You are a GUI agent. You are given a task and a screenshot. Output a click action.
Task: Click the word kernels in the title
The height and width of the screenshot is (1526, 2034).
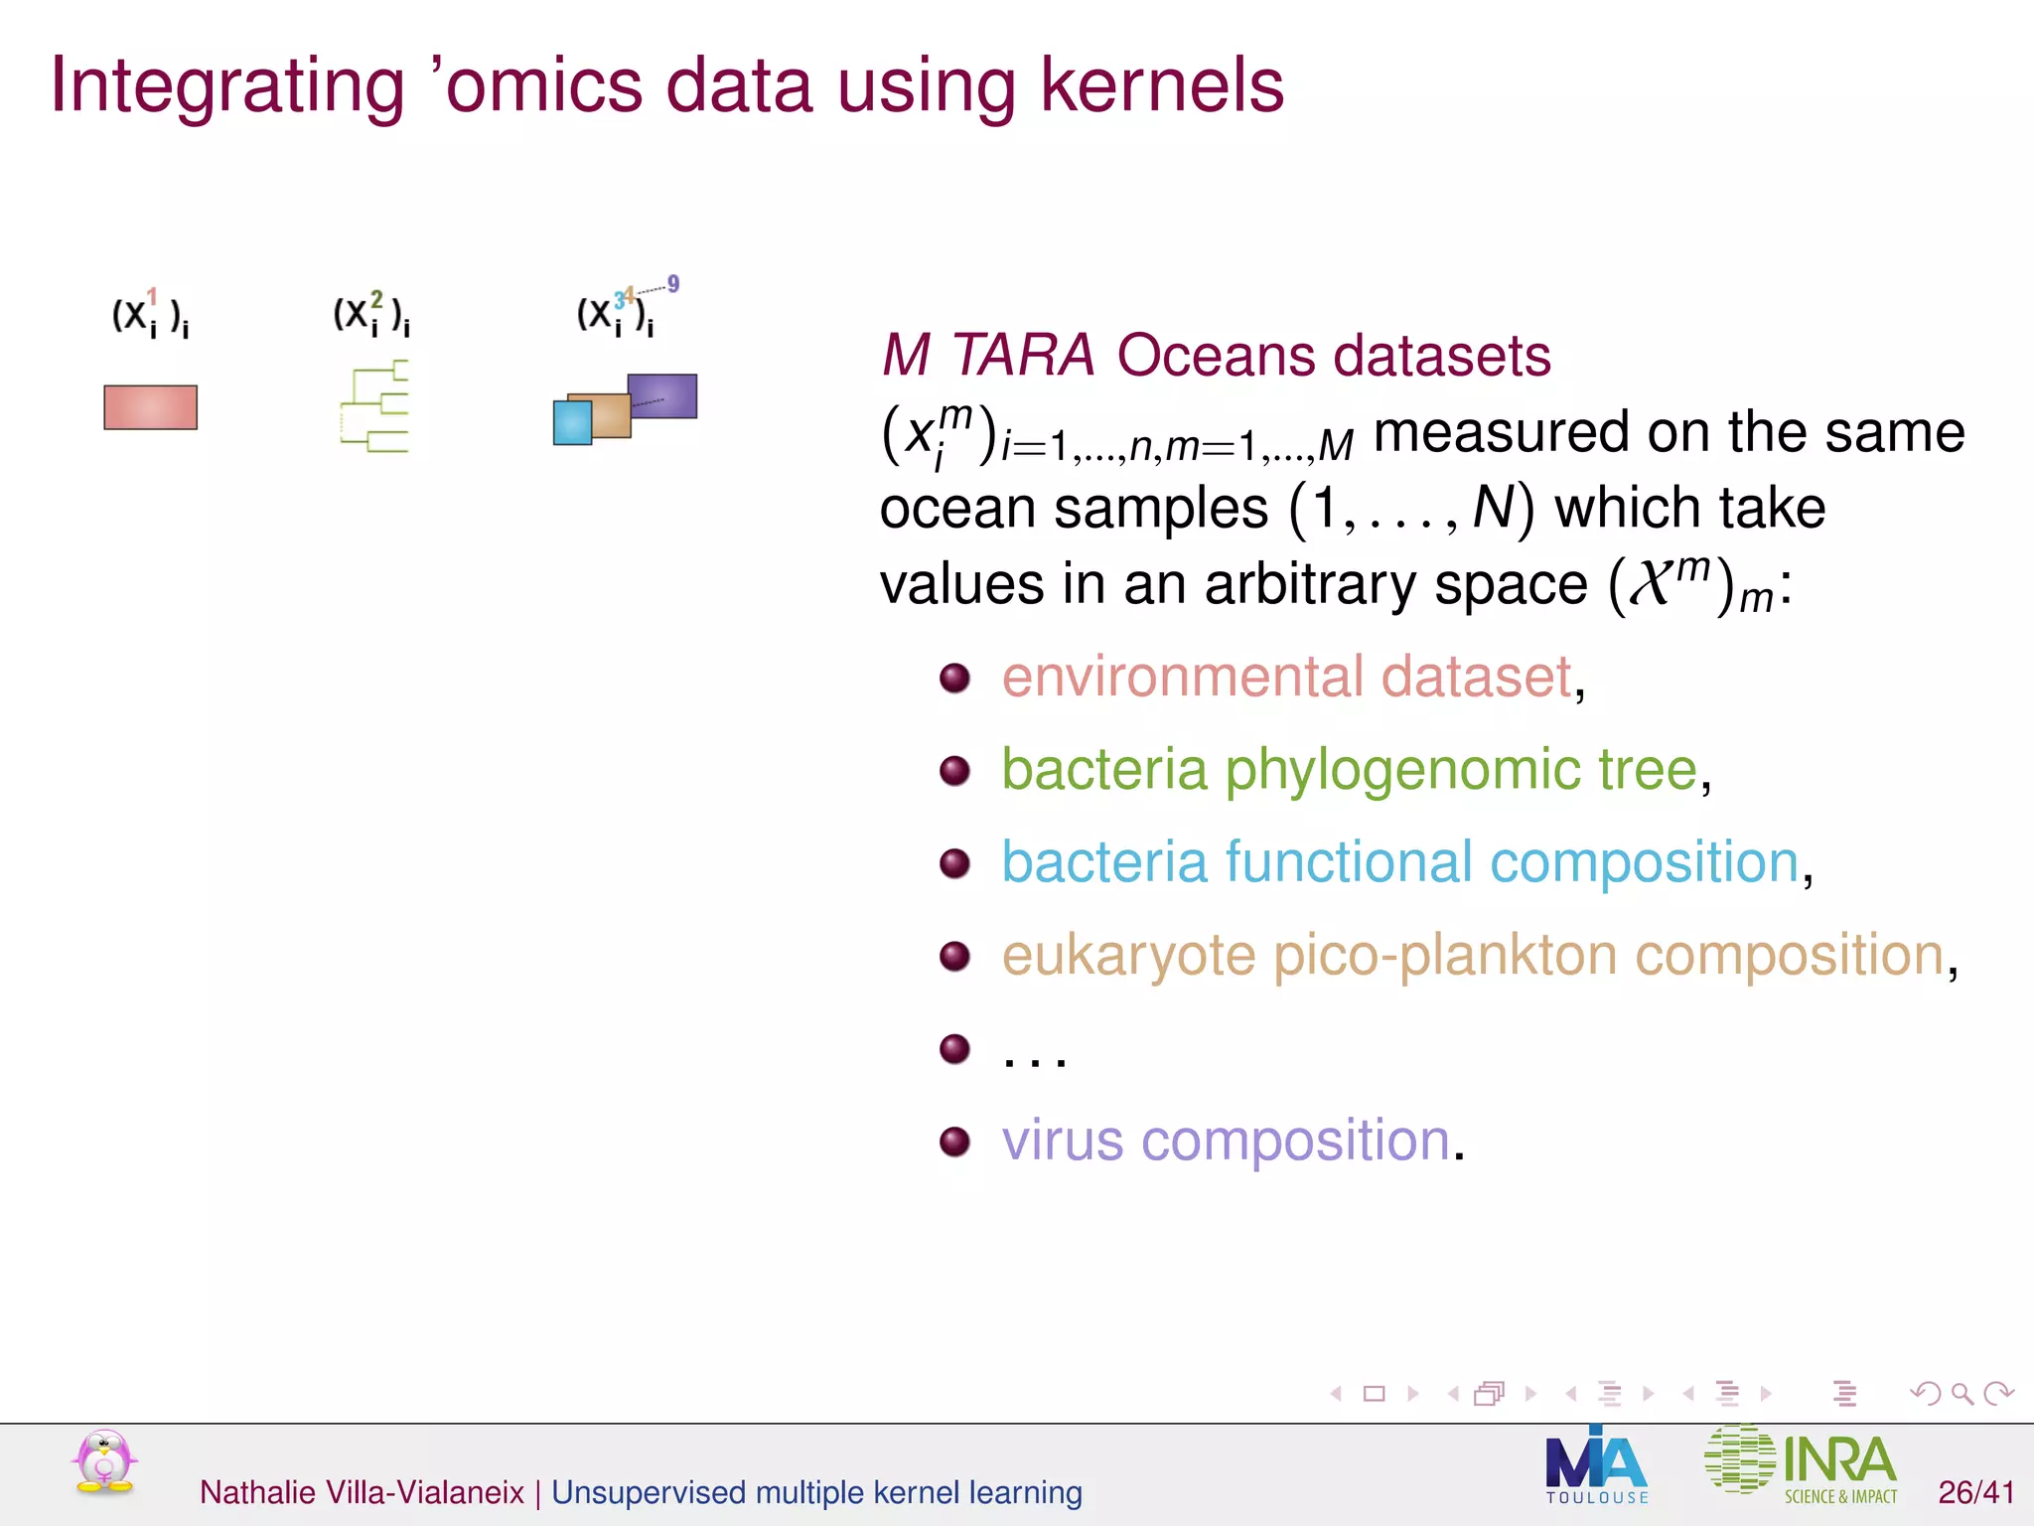[x=1162, y=85]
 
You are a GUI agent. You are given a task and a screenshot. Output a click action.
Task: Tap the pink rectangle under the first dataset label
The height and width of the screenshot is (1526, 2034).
[x=150, y=407]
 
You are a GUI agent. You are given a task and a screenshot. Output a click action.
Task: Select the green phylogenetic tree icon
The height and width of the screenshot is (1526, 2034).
[x=375, y=407]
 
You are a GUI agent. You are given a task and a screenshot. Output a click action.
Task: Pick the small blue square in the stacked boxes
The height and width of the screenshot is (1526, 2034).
[x=571, y=422]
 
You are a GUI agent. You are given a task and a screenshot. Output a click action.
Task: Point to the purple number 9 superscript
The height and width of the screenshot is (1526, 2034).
[x=673, y=284]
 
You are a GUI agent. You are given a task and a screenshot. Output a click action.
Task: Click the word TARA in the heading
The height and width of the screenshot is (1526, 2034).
[x=1022, y=355]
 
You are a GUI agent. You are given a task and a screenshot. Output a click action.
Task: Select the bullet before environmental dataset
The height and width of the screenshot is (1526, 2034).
[x=954, y=679]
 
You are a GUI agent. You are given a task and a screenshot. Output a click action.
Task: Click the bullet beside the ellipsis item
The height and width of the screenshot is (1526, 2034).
[x=954, y=1048]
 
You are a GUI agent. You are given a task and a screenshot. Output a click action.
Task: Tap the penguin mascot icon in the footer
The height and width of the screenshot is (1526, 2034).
[x=103, y=1462]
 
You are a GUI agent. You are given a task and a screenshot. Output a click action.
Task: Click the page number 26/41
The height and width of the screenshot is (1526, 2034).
[x=1975, y=1492]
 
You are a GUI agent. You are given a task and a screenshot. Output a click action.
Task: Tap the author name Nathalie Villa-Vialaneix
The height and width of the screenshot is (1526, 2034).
[x=362, y=1492]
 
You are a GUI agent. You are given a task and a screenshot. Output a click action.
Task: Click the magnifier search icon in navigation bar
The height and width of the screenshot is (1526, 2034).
[x=1961, y=1394]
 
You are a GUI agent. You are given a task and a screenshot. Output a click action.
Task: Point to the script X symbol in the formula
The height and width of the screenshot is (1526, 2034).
[x=1652, y=583]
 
